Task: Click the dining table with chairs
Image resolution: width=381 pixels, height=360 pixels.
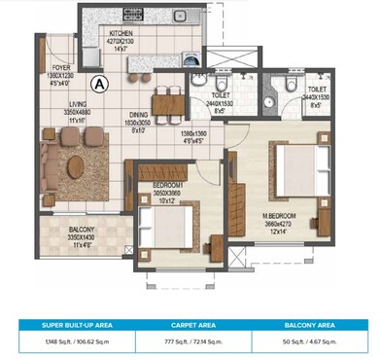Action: (168, 98)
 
